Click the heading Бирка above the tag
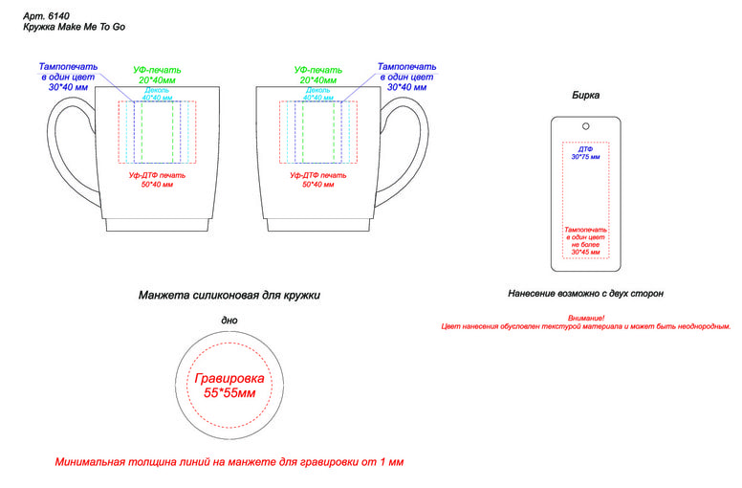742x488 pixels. click(586, 96)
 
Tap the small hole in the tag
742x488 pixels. click(585, 125)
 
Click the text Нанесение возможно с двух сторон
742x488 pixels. click(585, 294)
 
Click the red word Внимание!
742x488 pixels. click(586, 317)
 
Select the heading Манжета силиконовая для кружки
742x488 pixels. click(229, 296)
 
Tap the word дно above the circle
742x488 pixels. click(229, 320)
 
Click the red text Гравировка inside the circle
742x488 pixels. click(229, 379)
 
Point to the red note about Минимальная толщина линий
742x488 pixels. click(229, 462)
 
